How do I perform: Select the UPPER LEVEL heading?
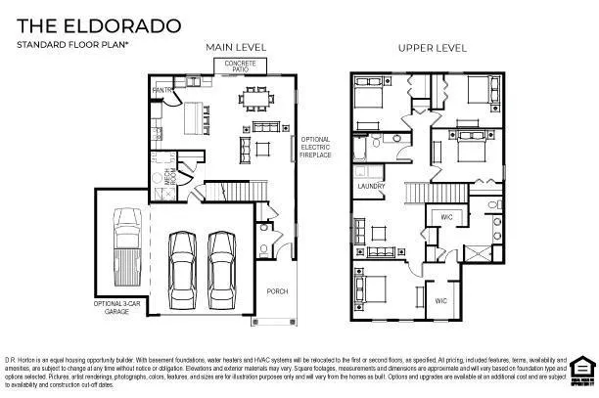431,47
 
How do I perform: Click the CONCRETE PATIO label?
240,65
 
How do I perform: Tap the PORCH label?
278,291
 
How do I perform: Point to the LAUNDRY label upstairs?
370,185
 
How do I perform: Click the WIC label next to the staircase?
446,216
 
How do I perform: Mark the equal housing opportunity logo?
581,364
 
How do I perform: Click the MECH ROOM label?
168,178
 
